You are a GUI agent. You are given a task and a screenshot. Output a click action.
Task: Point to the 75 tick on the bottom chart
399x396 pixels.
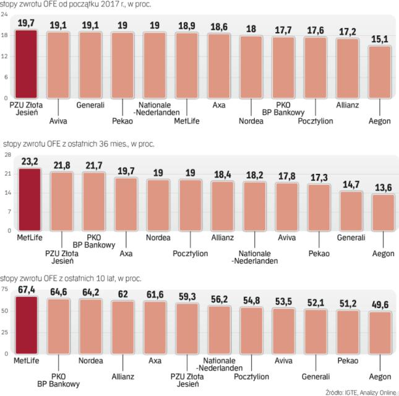5,288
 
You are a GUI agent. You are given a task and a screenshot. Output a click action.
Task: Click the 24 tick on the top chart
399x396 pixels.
4,15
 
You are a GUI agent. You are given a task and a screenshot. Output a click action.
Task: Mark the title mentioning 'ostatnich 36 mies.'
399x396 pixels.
77,144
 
